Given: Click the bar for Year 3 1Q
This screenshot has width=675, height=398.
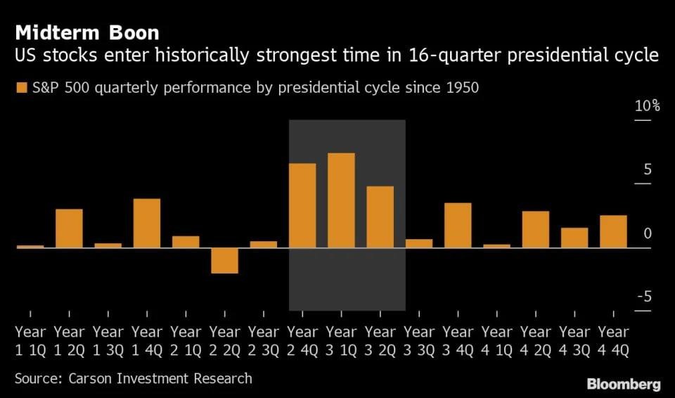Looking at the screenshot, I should [341, 200].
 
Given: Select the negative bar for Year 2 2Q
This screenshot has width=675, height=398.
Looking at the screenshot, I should [224, 260].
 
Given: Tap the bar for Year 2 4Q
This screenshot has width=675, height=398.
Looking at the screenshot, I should [302, 205].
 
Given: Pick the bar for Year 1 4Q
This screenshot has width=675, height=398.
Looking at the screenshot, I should [146, 223].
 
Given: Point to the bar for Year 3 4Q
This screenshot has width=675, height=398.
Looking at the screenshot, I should [458, 225].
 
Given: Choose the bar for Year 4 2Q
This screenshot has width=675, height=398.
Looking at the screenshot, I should [536, 229].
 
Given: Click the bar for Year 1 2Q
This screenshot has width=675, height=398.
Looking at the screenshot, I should [69, 228].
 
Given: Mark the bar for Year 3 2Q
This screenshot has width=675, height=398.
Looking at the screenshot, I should [380, 217].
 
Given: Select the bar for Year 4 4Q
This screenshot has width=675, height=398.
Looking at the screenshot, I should [613, 231].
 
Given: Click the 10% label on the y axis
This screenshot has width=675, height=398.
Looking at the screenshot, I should [647, 106].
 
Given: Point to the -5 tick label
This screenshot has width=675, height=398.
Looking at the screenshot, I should [643, 297].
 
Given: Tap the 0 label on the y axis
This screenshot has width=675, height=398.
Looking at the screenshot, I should [648, 233].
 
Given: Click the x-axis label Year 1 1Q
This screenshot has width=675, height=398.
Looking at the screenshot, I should [30, 340].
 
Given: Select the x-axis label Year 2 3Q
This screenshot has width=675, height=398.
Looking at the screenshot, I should [263, 340].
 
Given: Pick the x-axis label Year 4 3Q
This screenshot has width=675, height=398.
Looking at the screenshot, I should [574, 340].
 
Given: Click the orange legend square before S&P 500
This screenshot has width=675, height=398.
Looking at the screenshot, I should [20, 88].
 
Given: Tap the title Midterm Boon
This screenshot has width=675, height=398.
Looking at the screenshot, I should [86, 32].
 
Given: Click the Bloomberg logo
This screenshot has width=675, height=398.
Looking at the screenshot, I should [624, 384].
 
